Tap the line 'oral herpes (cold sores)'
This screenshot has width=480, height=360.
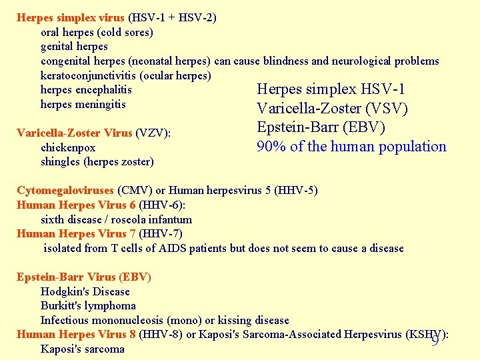pyautogui.click(x=97, y=32)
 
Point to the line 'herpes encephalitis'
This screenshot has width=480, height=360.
pyautogui.click(x=86, y=90)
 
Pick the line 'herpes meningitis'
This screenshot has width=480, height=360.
pyautogui.click(x=83, y=104)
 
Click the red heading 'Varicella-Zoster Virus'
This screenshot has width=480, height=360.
pyautogui.click(x=74, y=133)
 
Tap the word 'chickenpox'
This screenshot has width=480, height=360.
pyautogui.click(x=68, y=147)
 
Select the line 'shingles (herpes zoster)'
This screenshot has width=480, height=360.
pyautogui.click(x=97, y=162)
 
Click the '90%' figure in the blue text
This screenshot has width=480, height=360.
pyautogui.click(x=271, y=147)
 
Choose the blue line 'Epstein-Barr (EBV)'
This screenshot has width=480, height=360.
pyautogui.click(x=321, y=127)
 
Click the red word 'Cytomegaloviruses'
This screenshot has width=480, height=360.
pyautogui.click(x=65, y=191)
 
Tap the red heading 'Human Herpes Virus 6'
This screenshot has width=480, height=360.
pyautogui.click(x=76, y=205)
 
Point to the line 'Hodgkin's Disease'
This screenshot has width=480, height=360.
pyautogui.click(x=85, y=291)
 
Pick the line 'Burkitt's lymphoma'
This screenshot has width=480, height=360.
pyautogui.click(x=88, y=306)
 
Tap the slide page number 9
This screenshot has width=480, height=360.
pyautogui.click(x=435, y=341)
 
